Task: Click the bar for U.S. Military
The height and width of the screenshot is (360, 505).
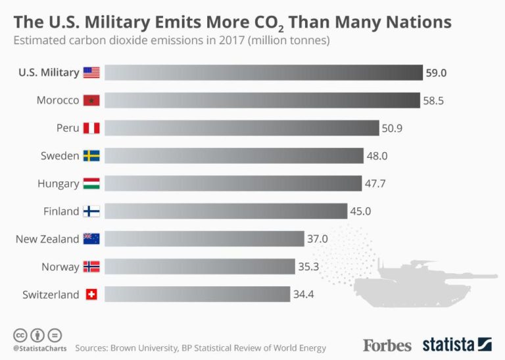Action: coord(263,72)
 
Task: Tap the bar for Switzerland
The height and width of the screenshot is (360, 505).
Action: coord(197,294)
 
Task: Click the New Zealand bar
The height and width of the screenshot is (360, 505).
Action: coord(204,239)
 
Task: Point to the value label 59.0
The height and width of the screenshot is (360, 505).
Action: coord(436,73)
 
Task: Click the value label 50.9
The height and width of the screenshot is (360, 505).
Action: coord(392,128)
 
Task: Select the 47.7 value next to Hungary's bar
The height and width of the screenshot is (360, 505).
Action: coord(375,184)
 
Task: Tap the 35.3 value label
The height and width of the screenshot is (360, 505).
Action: coord(308,267)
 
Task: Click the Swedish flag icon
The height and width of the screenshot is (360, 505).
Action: coord(91,156)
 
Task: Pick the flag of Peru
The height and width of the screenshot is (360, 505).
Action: coord(91,128)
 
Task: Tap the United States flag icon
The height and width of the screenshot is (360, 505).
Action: coord(91,72)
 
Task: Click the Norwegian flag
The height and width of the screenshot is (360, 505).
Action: coord(91,267)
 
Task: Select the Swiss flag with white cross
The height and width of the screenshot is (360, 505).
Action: coord(91,294)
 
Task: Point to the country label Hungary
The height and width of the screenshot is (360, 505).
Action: coord(58,184)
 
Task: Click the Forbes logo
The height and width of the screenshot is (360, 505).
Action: coord(387,345)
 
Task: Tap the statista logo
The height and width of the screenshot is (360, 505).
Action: coord(456,344)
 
